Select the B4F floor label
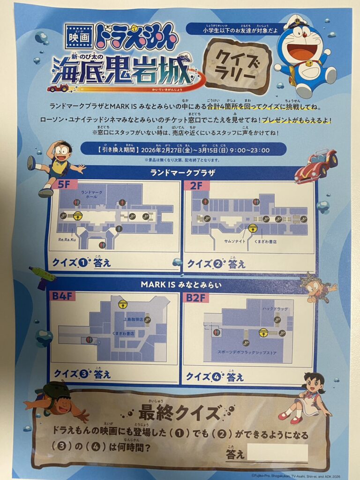59,296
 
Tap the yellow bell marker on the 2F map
253,228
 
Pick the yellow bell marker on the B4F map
123,304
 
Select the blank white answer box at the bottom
277,453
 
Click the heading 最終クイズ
180,412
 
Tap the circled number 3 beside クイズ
84,374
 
